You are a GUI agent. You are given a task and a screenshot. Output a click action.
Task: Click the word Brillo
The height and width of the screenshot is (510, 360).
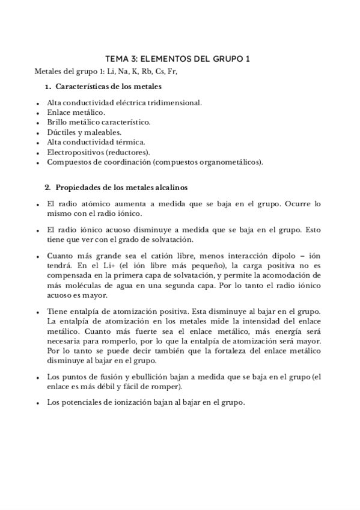click(x=58, y=122)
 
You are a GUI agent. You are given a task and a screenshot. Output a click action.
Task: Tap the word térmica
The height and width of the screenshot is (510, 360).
click(x=129, y=142)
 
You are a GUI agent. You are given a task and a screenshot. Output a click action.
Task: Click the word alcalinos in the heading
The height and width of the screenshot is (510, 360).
click(x=171, y=186)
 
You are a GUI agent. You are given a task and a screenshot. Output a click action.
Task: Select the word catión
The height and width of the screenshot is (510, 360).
click(x=169, y=256)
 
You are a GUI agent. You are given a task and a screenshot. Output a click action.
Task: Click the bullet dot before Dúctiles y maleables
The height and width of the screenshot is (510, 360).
click(x=38, y=132)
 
